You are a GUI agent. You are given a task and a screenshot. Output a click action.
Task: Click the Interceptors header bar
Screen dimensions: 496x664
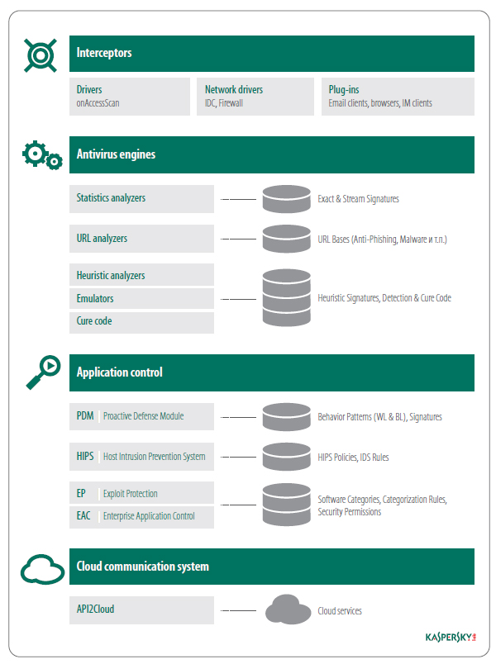pos(272,54)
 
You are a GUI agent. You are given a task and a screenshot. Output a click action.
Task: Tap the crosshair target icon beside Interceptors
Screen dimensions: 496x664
pos(41,55)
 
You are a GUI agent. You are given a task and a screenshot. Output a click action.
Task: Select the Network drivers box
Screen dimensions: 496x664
pos(255,97)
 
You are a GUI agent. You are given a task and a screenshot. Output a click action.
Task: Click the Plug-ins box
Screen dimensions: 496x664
pos(398,97)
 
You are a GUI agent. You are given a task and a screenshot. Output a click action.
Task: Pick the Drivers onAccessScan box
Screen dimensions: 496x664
pos(130,97)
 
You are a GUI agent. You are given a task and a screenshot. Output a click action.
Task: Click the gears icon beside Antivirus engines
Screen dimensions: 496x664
pos(42,155)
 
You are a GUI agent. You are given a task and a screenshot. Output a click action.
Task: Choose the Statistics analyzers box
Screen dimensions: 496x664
pos(141,198)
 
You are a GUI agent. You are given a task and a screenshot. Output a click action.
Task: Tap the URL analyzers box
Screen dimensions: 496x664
pos(141,239)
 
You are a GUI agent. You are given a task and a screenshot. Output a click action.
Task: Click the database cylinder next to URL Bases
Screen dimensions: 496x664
pos(287,239)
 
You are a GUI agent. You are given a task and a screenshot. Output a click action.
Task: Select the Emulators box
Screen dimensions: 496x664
pos(141,298)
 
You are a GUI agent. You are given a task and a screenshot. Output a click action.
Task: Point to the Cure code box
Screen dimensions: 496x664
pos(141,323)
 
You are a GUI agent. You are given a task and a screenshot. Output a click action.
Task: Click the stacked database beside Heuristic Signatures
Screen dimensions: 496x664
pos(287,297)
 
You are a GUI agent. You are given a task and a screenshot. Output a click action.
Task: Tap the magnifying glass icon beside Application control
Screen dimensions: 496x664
pos(43,372)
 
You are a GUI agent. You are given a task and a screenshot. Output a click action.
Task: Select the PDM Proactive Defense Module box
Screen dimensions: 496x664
pos(141,416)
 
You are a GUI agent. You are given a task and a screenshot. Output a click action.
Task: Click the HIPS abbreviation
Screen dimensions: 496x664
pos(85,456)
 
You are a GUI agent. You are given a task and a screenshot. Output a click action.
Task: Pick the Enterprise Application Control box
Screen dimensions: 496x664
pos(141,517)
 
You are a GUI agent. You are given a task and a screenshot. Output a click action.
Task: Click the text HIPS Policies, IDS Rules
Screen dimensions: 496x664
pos(353,458)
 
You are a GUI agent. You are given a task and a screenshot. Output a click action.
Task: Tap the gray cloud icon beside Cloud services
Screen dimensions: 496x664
pos(289,609)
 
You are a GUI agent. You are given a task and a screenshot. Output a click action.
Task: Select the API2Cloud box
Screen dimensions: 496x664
pos(141,609)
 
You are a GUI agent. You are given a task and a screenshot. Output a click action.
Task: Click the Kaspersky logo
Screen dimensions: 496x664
pos(451,638)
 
